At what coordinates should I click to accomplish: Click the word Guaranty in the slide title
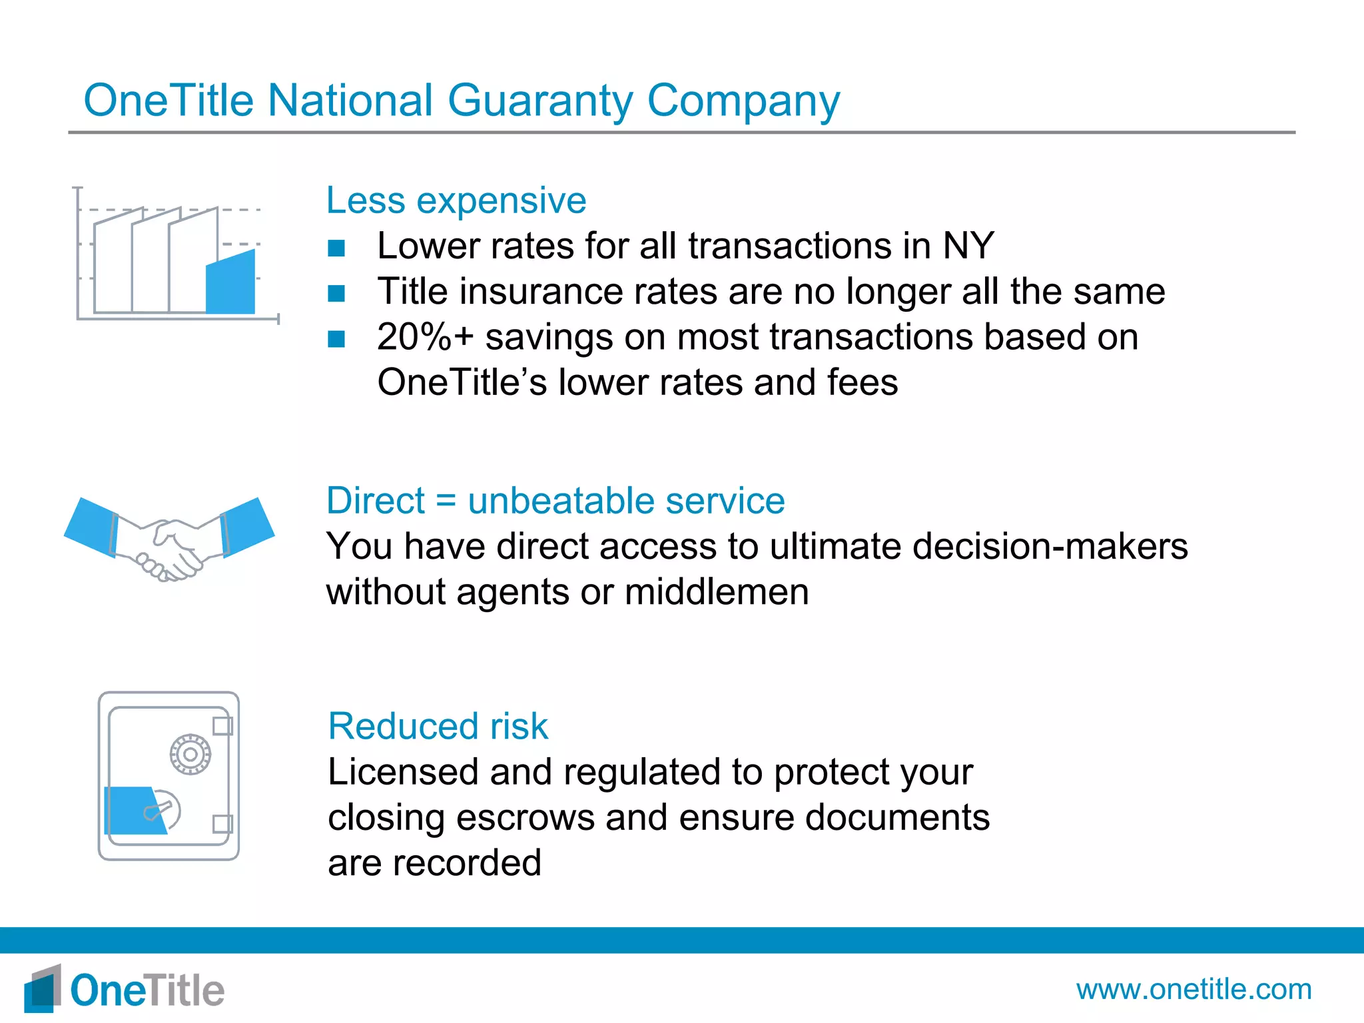(539, 101)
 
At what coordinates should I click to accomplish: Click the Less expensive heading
(456, 200)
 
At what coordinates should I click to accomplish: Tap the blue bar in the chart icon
(230, 283)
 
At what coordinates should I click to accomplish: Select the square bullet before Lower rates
(336, 248)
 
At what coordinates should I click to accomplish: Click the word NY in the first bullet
(968, 246)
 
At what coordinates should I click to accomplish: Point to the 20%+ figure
(425, 337)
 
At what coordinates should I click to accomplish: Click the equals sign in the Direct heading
(446, 501)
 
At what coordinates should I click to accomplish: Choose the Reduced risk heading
(438, 726)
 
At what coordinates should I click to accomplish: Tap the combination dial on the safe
(190, 755)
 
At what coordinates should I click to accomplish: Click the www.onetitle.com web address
(1193, 989)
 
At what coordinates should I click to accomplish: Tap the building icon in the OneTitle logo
(43, 989)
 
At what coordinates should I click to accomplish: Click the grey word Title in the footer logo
(183, 990)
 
